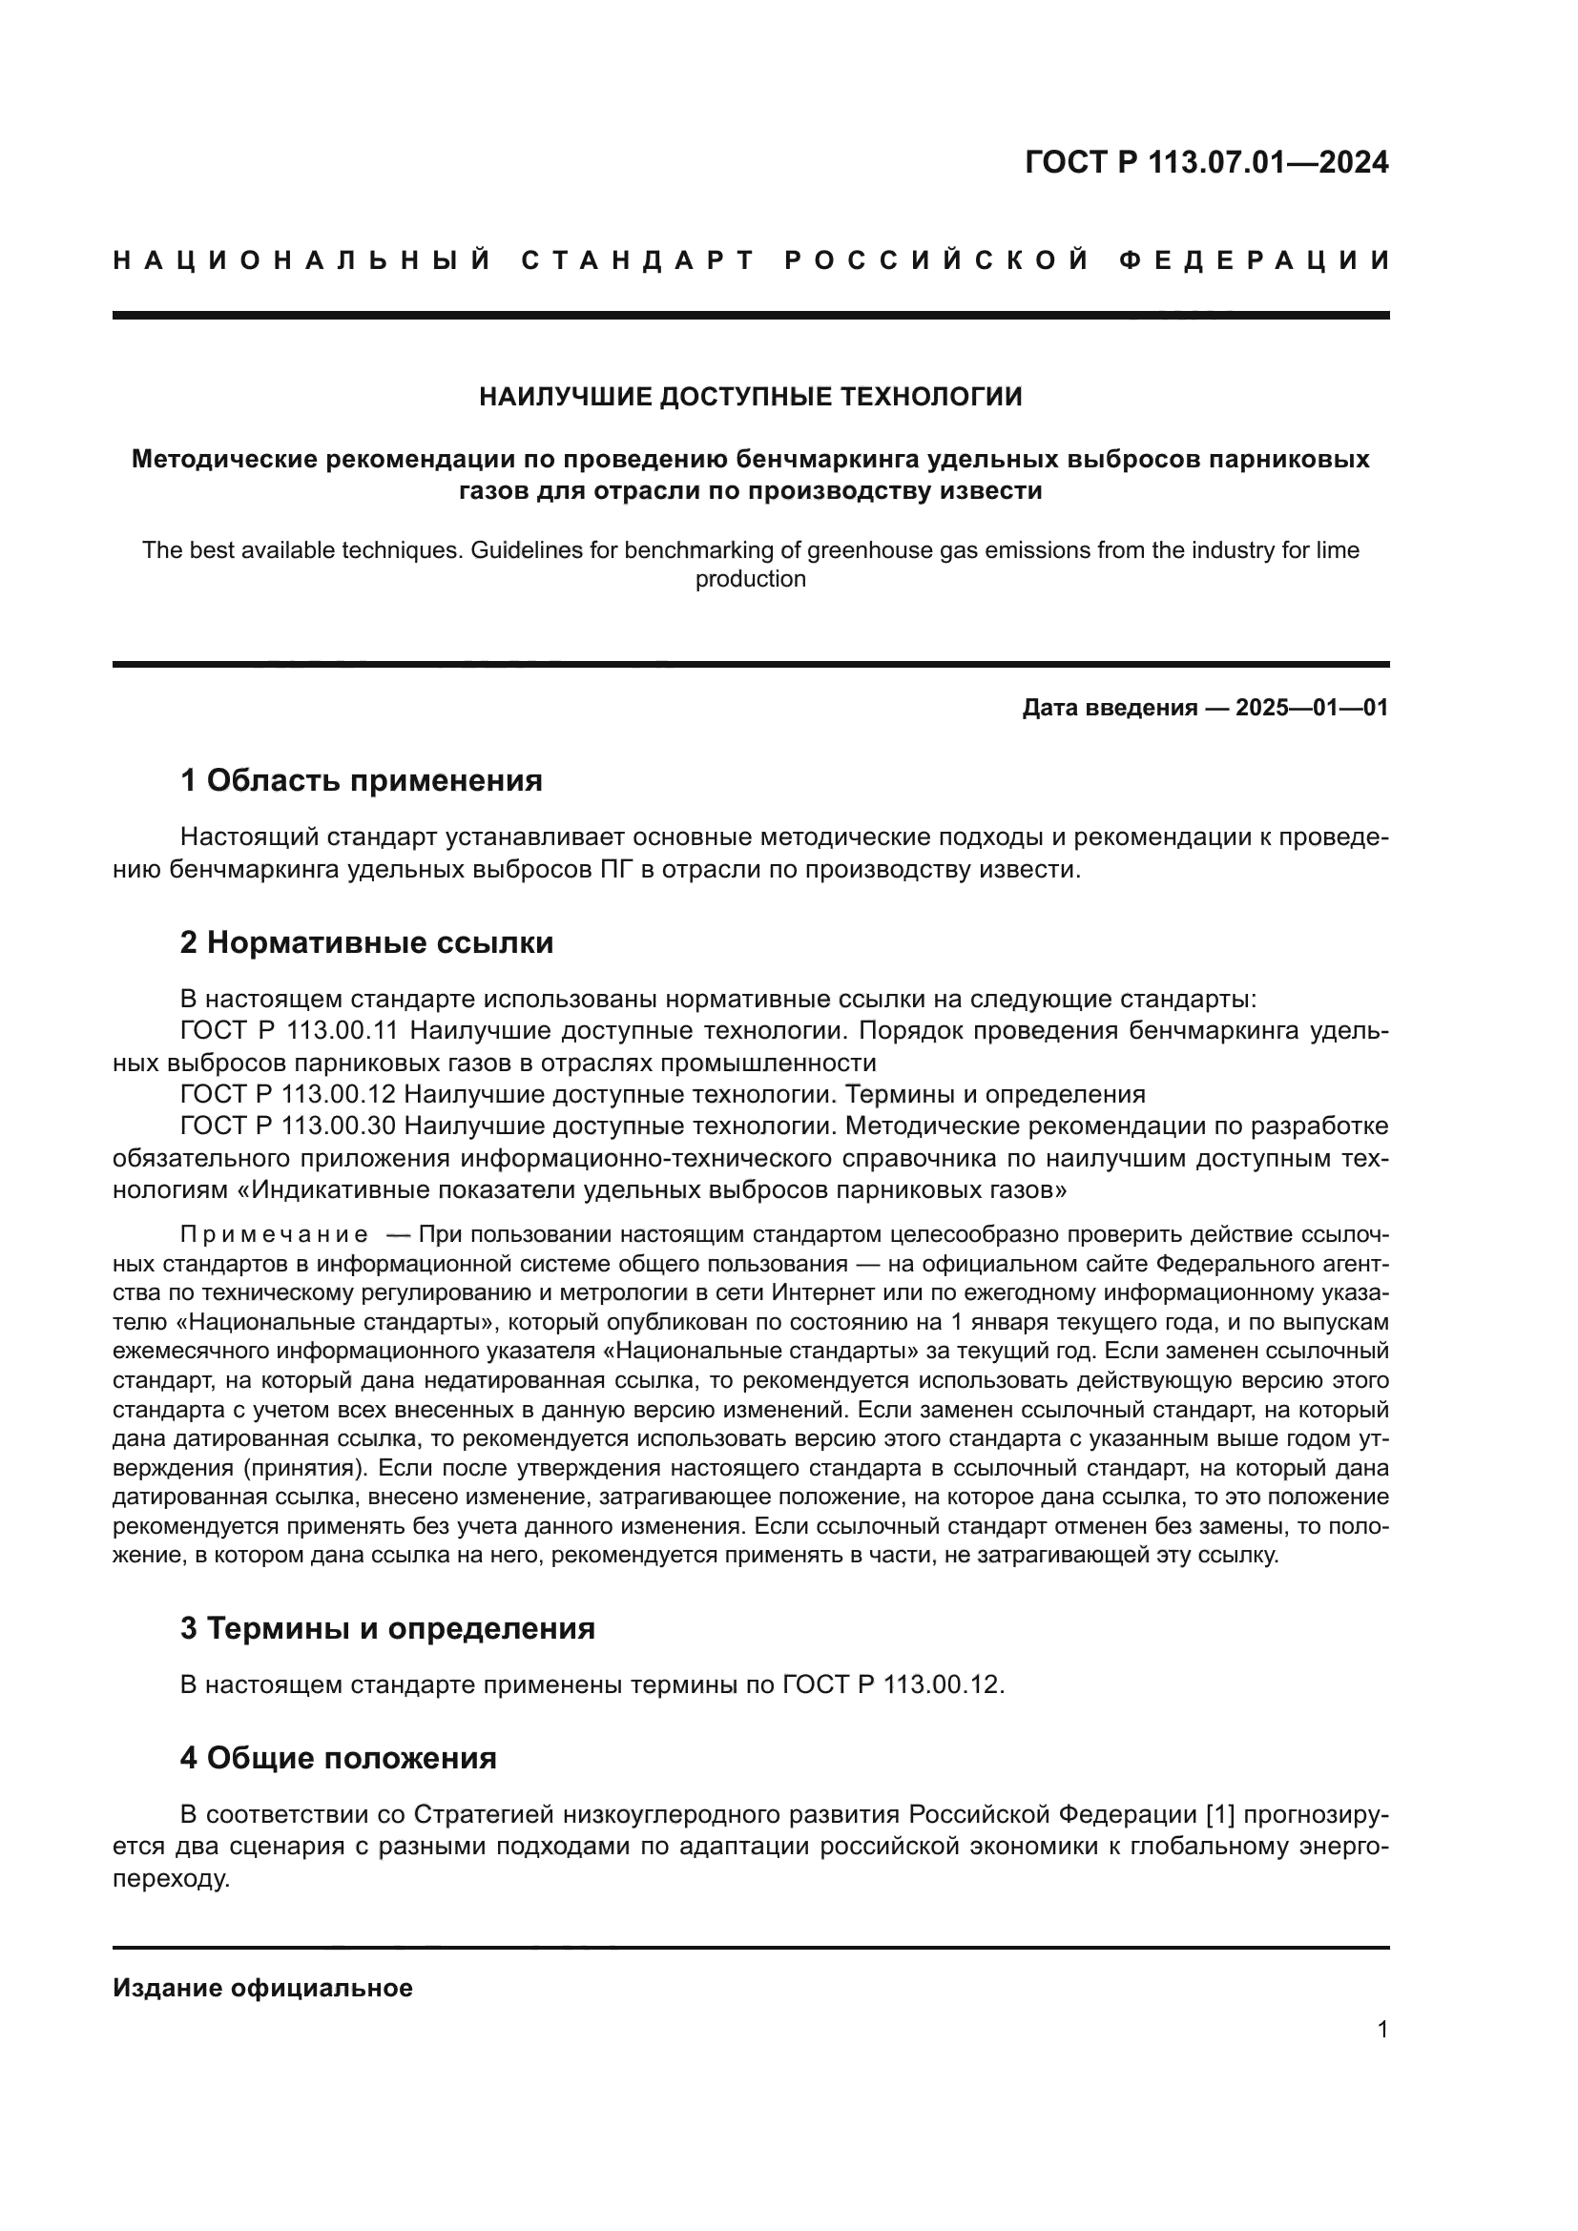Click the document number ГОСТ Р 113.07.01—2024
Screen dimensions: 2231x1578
point(1206,162)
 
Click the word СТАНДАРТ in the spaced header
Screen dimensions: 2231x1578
point(638,260)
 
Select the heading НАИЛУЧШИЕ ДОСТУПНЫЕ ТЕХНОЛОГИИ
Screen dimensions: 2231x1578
point(750,397)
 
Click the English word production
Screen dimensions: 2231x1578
point(750,579)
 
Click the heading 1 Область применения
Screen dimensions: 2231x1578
point(361,780)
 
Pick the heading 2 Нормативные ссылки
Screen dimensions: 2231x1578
point(366,941)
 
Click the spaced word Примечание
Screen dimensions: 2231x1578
point(274,1235)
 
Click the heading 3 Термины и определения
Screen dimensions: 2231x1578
point(386,1627)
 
